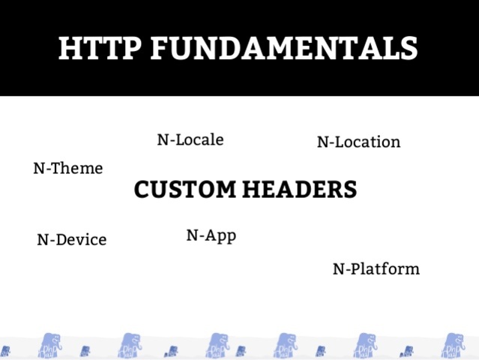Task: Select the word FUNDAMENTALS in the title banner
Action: coord(284,49)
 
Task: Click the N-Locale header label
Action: coord(190,139)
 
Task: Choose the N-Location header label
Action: coord(358,142)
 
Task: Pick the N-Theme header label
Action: coord(67,169)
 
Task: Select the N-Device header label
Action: coord(71,240)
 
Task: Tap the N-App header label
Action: coord(211,235)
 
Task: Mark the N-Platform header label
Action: coord(376,268)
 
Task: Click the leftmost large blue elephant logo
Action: coord(51,346)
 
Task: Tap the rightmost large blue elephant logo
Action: coord(452,346)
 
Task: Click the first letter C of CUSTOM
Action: coord(142,190)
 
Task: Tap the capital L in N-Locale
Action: coord(181,139)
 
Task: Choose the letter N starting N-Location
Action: coord(322,142)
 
